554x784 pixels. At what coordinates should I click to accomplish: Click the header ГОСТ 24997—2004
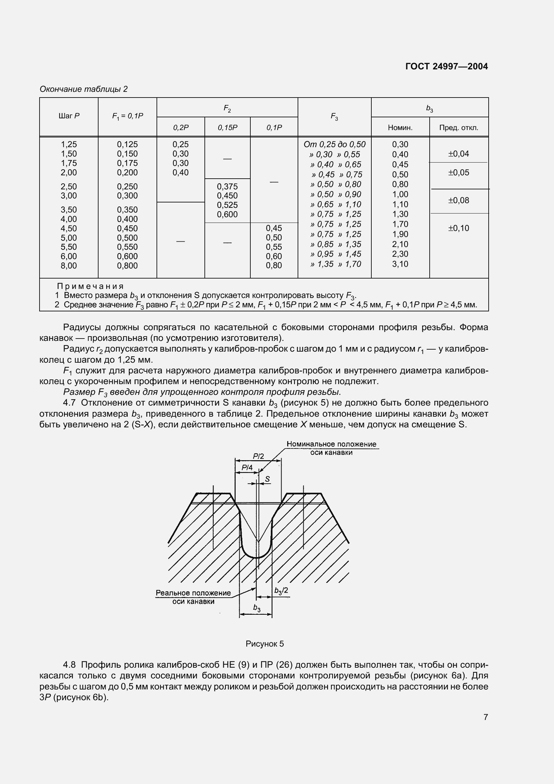click(446, 66)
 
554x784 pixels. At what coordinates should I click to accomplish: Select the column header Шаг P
click(69, 116)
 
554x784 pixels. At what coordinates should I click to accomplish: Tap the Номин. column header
click(400, 128)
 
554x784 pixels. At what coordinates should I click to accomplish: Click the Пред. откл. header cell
click(458, 128)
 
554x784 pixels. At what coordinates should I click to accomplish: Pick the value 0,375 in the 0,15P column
click(227, 186)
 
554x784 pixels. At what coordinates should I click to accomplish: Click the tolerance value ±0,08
click(458, 200)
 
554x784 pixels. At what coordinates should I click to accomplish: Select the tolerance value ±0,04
click(458, 154)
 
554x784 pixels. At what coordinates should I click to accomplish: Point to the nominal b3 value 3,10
click(400, 264)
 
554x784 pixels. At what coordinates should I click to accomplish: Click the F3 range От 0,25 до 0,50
click(334, 144)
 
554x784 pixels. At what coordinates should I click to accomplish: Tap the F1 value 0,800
click(127, 266)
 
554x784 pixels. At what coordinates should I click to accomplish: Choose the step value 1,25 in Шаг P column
click(69, 144)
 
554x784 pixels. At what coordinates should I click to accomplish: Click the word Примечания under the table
click(90, 286)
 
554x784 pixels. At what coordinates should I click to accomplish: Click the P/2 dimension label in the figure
click(258, 457)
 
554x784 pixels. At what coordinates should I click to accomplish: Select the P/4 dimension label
click(247, 468)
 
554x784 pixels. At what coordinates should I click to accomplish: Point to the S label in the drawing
click(267, 479)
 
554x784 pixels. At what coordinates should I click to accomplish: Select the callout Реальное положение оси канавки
click(193, 597)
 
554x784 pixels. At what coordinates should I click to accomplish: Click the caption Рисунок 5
click(264, 644)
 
